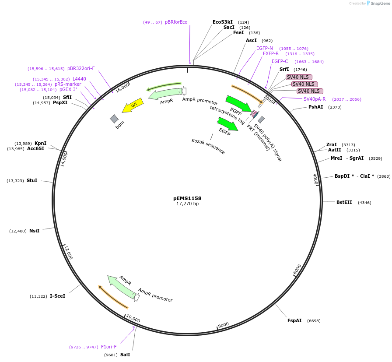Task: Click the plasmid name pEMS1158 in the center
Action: pos(187,198)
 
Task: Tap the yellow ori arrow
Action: pos(132,105)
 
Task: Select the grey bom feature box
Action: pos(114,119)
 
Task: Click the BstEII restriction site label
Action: pos(344,202)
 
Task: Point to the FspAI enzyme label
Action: pos(294,320)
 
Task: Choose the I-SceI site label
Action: pos(57,296)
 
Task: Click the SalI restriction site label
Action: pos(125,355)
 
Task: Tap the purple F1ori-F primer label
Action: pos(109,347)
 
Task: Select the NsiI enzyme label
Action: pos(34,231)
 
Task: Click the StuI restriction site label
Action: pos(32,180)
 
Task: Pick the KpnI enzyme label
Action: pos(40,143)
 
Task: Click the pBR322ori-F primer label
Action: pos(81,68)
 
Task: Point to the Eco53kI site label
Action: pos(223,22)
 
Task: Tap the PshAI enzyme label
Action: pos(316,107)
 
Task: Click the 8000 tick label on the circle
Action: pos(224,324)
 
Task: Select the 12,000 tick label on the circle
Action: pos(68,253)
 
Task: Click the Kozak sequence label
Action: pos(208,146)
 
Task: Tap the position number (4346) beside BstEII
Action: pos(364,202)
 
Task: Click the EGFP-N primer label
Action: pos(265,48)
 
